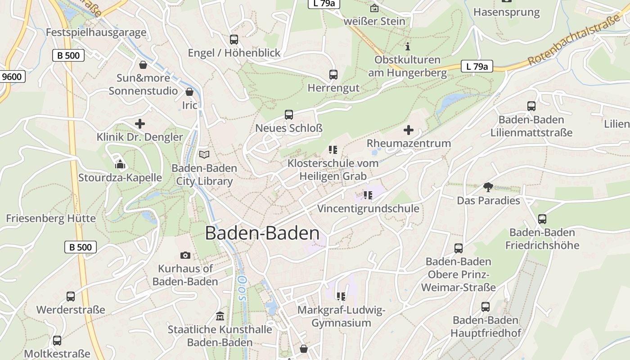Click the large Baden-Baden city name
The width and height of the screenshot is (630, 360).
(x=262, y=233)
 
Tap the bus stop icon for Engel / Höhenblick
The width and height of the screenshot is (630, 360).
(x=234, y=39)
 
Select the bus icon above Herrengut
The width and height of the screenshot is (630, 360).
(x=333, y=74)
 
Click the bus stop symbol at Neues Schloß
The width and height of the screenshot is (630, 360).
(x=288, y=114)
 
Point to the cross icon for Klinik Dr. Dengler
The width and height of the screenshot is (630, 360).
(x=140, y=123)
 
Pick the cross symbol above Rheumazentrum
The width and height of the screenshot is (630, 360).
(x=408, y=130)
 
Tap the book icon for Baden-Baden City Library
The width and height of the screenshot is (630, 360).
(x=204, y=154)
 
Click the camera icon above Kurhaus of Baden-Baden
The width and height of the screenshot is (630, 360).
(x=185, y=255)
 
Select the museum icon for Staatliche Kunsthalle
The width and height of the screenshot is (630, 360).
(x=220, y=316)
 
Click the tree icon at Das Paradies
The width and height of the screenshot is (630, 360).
(x=488, y=187)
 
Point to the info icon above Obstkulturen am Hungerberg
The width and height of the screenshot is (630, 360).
(x=408, y=46)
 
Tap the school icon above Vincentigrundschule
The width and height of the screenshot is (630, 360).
(x=368, y=195)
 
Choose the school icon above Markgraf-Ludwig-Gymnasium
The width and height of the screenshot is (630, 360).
(x=341, y=296)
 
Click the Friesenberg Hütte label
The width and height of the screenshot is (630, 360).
(x=51, y=218)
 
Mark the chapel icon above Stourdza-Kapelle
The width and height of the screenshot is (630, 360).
(x=120, y=164)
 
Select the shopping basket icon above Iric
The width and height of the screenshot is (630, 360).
(x=189, y=91)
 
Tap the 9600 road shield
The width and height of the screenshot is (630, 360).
(x=12, y=76)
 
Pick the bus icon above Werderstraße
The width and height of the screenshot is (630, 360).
(x=71, y=296)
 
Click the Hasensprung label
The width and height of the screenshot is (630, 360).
(x=506, y=12)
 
